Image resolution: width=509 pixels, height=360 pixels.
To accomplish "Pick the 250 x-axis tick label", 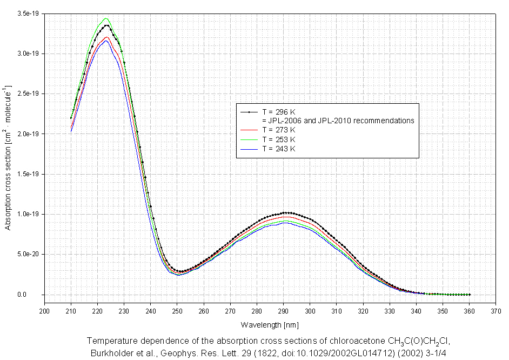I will tap(177, 311).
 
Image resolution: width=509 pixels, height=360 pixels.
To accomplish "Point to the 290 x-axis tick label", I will tap(283, 311).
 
